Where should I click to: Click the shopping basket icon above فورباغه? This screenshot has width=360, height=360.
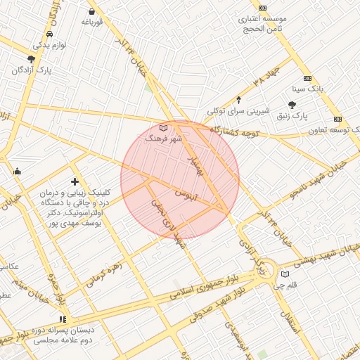(92, 11)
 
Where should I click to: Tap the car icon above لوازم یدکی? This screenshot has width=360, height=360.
(49, 34)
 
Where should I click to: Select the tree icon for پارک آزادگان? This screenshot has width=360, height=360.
(31, 60)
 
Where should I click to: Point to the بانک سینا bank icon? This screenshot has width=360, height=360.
(307, 78)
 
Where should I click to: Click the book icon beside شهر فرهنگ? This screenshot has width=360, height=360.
(164, 128)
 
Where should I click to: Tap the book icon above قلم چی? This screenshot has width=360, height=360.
(285, 274)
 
